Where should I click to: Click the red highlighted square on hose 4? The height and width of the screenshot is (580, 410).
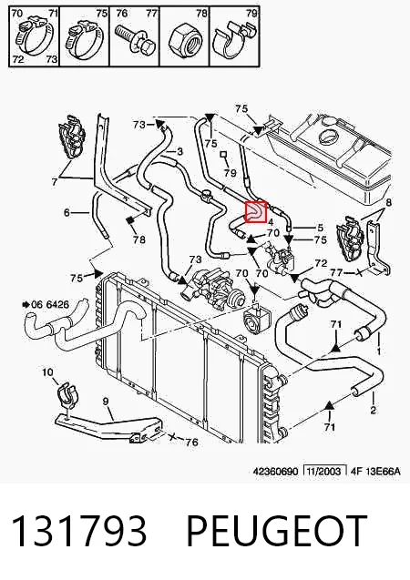pyautogui.click(x=256, y=212)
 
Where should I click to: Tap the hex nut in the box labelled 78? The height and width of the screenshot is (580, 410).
pyautogui.click(x=184, y=40)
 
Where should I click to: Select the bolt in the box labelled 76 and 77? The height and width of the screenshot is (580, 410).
pyautogui.click(x=135, y=39)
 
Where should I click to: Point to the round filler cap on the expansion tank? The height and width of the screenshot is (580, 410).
pyautogui.click(x=328, y=138)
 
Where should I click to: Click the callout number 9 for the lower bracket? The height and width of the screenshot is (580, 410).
pyautogui.click(x=106, y=401)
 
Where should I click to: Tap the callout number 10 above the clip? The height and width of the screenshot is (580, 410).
pyautogui.click(x=47, y=371)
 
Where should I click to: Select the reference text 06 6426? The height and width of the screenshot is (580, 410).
pyautogui.click(x=50, y=304)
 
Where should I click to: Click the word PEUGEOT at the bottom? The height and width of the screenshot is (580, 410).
pyautogui.click(x=277, y=531)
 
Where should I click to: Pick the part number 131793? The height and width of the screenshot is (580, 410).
pyautogui.click(x=79, y=531)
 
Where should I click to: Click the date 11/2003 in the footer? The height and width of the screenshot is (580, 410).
pyautogui.click(x=324, y=471)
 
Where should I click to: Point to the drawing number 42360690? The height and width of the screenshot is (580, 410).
pyautogui.click(x=275, y=472)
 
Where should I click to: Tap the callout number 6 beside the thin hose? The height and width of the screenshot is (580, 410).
pyautogui.click(x=67, y=212)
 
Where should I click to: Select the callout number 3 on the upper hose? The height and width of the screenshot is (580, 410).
pyautogui.click(x=179, y=151)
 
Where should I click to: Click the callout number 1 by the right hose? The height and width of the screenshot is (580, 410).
pyautogui.click(x=379, y=350)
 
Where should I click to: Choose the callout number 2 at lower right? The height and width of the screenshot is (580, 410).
pyautogui.click(x=373, y=409)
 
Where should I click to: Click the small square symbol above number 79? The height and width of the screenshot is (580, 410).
pyautogui.click(x=223, y=154)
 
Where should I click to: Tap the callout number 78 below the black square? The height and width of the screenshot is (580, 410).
pyautogui.click(x=139, y=239)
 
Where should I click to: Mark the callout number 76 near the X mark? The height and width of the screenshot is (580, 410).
pyautogui.click(x=191, y=442)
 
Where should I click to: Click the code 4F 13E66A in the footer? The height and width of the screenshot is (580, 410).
pyautogui.click(x=375, y=471)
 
